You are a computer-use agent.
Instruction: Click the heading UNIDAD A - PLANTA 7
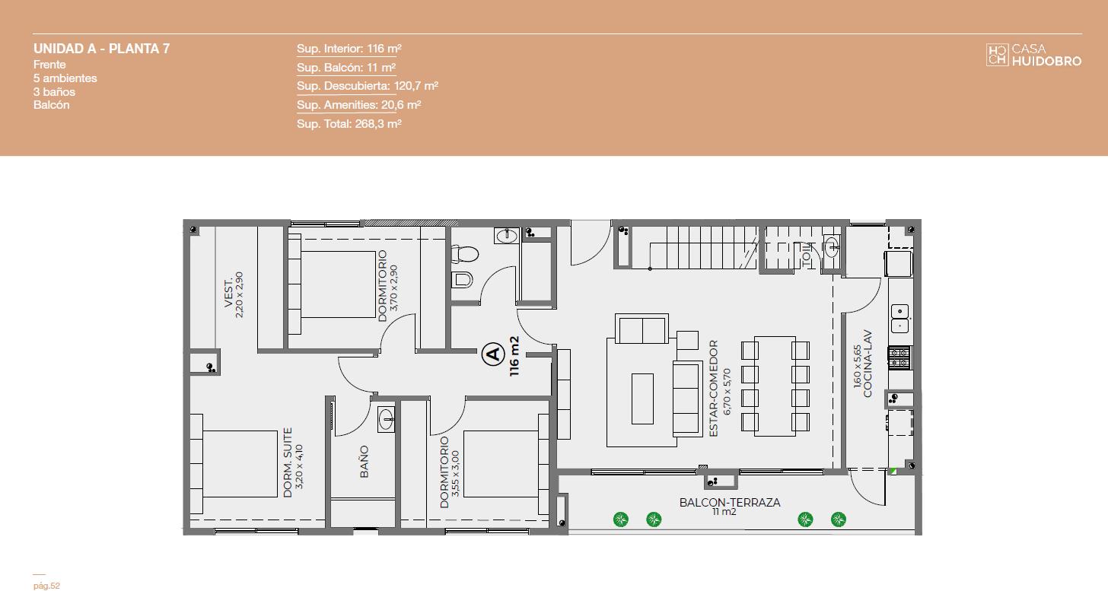coord(101,49)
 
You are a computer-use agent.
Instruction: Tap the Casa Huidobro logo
coord(1033,55)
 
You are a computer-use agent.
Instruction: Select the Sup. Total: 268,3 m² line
coord(349,124)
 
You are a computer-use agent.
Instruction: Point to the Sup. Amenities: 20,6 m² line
coord(358,105)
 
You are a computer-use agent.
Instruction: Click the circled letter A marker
coord(493,354)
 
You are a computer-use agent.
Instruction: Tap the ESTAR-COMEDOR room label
coord(713,388)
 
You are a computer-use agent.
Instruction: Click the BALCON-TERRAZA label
coord(730,503)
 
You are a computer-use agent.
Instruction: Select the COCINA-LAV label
coord(868,364)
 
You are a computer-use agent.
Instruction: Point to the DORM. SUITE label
coord(288,462)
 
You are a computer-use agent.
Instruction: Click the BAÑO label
coord(365,462)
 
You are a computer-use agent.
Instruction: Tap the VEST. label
coord(228,294)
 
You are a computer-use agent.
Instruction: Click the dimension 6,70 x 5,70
coord(727,391)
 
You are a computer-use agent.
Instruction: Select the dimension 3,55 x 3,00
coord(456,473)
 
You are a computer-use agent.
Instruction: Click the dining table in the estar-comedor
coord(775,386)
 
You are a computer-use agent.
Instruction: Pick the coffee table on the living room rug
coord(642,399)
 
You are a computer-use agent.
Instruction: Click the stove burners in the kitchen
coord(899,357)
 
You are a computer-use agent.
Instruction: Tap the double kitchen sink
coord(899,319)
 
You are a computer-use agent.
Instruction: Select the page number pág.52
coord(46,586)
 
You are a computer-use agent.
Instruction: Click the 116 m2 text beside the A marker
coord(514,356)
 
